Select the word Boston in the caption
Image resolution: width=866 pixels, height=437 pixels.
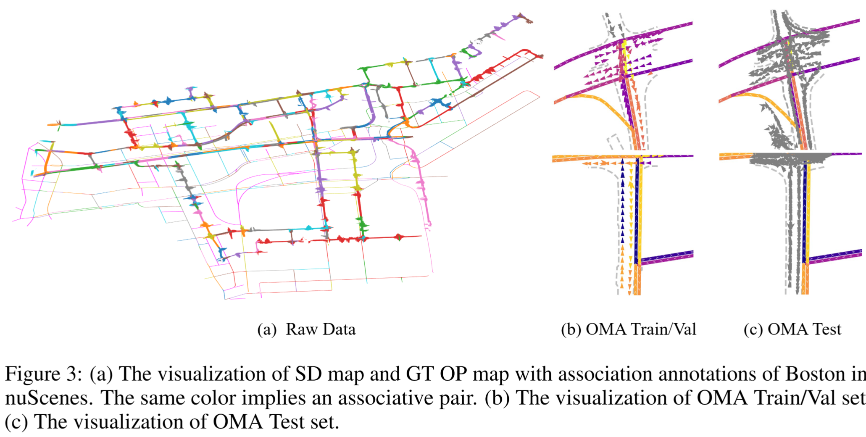[x=815, y=374]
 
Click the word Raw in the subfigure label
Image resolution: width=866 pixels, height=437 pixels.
[x=300, y=329]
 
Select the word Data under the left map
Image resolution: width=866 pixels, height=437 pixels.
[x=339, y=329]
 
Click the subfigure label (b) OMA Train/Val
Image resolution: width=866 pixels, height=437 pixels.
[x=629, y=329]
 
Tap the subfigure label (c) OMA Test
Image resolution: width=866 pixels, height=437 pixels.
[x=792, y=329]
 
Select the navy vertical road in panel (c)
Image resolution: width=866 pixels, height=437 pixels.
[x=805, y=210]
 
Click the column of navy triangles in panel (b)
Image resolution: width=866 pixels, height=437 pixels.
[x=623, y=202]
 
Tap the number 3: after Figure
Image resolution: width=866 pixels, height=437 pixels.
[x=76, y=374]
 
